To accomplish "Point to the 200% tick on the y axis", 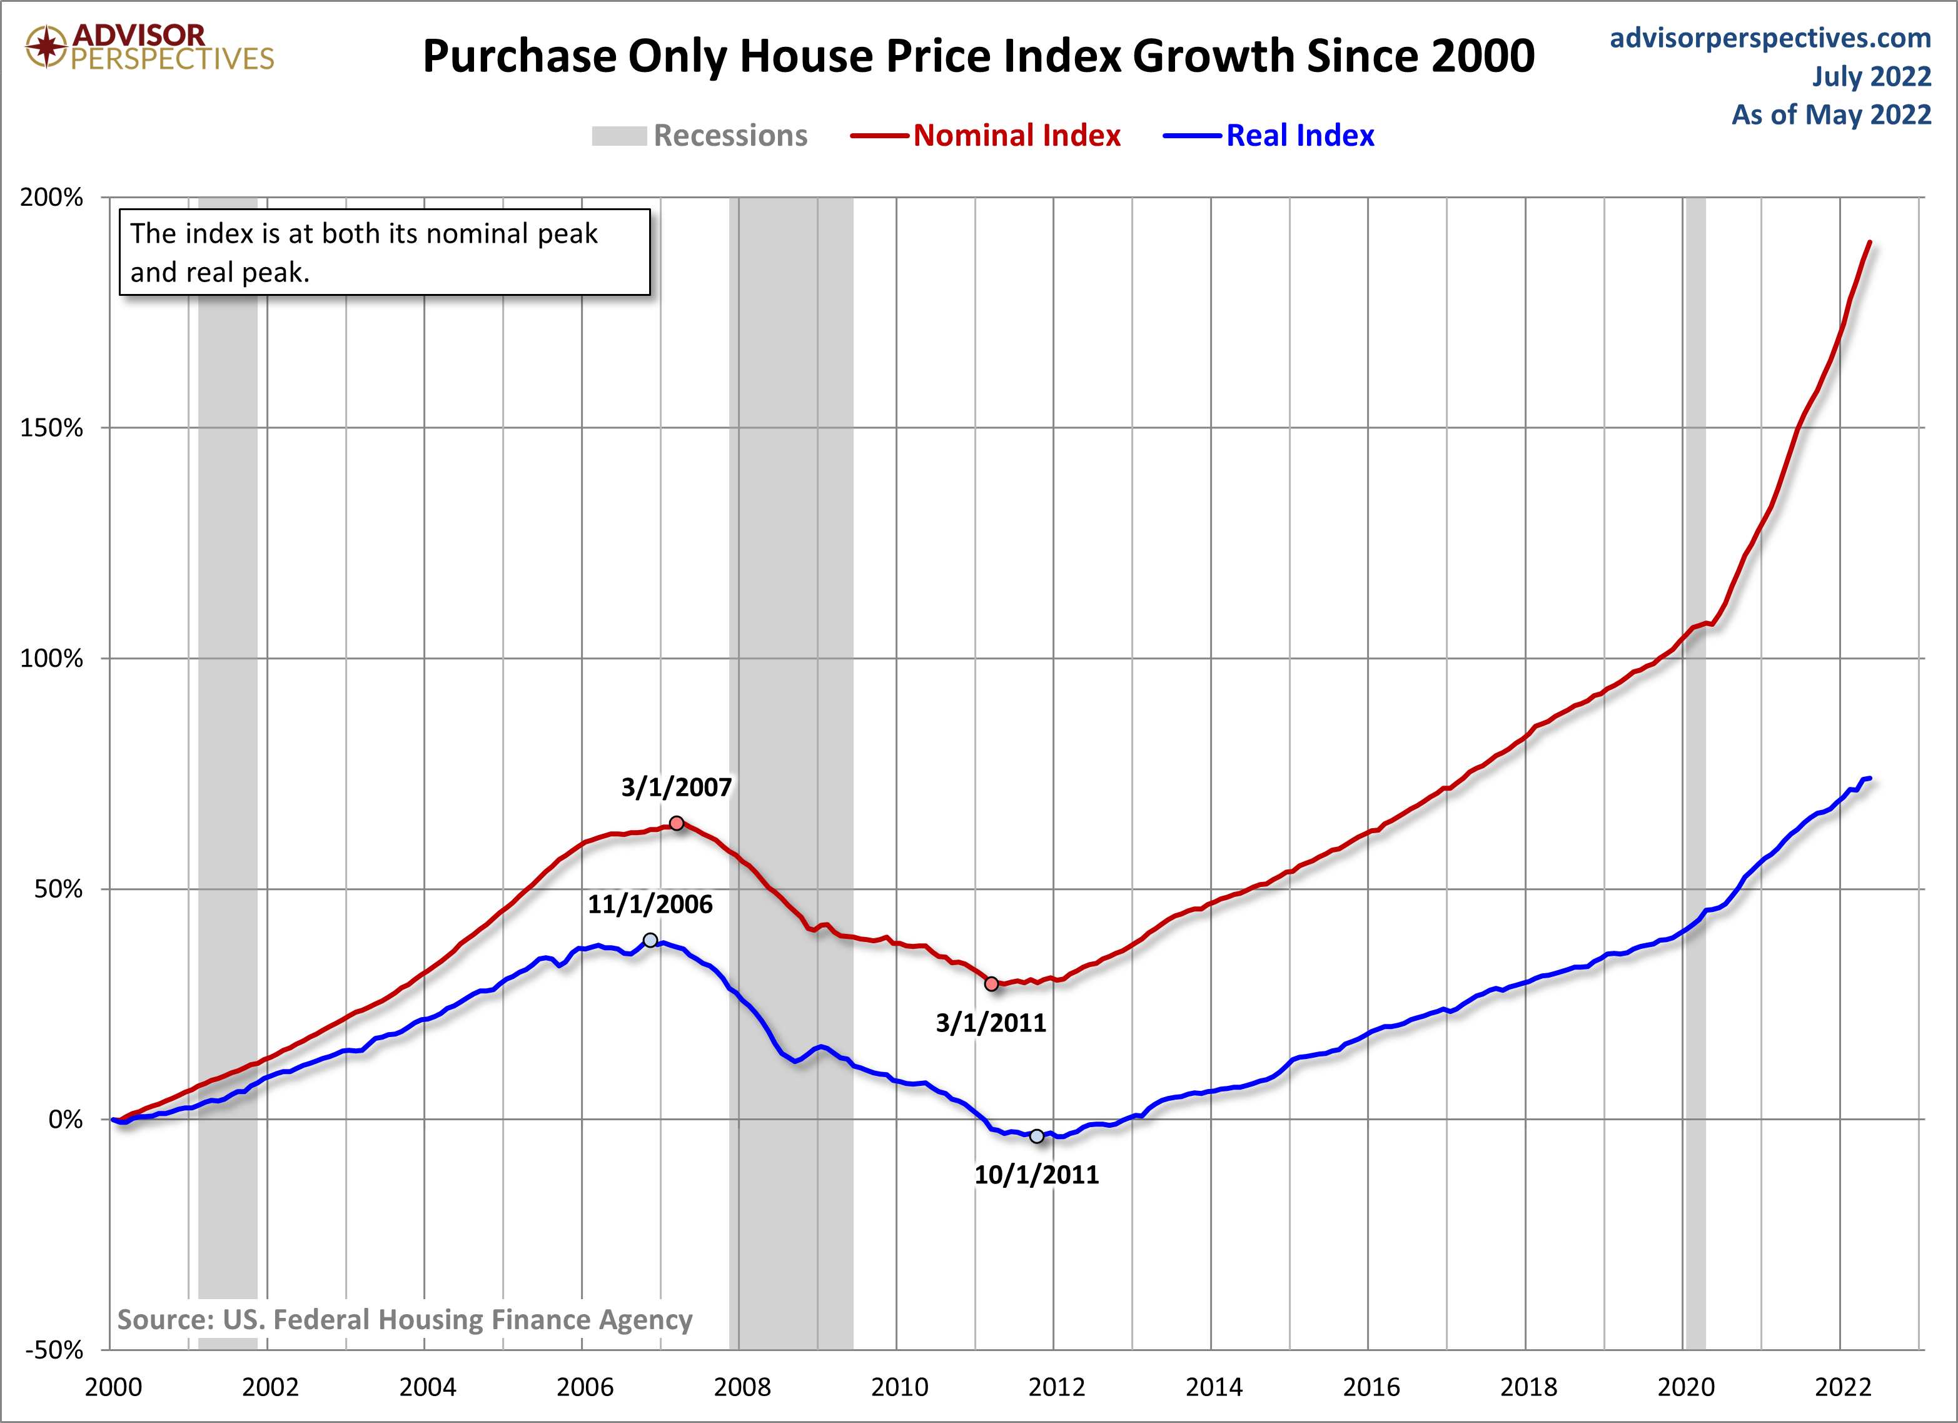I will [x=52, y=197].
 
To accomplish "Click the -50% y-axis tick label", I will [x=54, y=1350].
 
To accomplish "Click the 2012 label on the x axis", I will [x=1056, y=1387].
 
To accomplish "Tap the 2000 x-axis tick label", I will [x=113, y=1387].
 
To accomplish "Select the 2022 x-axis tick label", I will [x=1842, y=1387].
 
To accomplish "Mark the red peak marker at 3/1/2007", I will [x=677, y=823].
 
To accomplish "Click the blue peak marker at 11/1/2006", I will [x=650, y=940].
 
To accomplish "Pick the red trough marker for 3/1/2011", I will [x=991, y=983].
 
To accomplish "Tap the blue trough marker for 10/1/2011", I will [x=1037, y=1137].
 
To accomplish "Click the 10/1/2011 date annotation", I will [x=1036, y=1174].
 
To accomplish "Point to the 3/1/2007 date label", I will [x=676, y=787].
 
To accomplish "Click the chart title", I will [x=978, y=56].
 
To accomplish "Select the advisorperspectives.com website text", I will [x=1770, y=38].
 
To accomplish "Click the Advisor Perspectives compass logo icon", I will [x=46, y=46].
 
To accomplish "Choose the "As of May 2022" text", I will [x=1830, y=115].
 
